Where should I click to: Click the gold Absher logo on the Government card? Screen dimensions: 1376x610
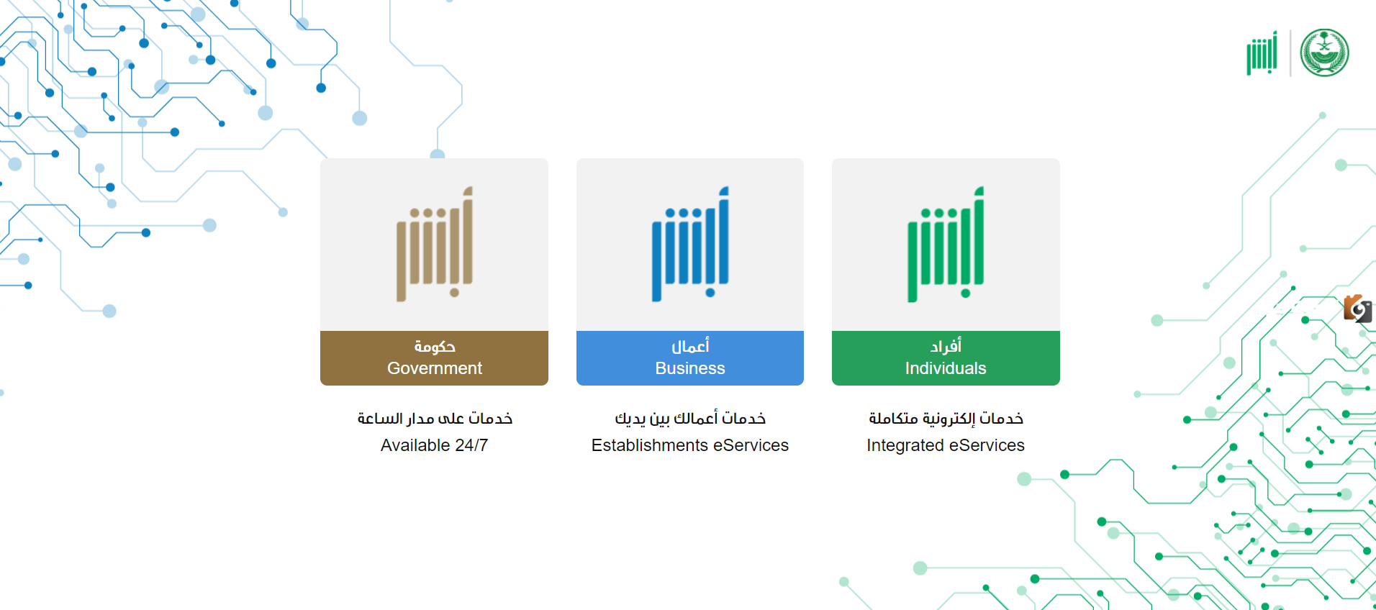[434, 245]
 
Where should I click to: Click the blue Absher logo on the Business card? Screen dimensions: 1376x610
[690, 245]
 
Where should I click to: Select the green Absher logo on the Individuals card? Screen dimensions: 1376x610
[946, 245]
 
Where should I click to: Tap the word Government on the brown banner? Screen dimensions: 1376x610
[435, 368]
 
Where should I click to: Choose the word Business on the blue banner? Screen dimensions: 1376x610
[690, 368]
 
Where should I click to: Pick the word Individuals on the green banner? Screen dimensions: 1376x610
[946, 368]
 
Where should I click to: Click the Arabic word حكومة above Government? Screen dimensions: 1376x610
[435, 347]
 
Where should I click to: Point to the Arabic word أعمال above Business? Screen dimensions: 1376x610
[690, 346]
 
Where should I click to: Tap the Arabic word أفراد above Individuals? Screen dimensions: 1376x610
[946, 346]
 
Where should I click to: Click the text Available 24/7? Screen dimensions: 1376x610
[434, 445]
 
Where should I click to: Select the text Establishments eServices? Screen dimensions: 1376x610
[690, 445]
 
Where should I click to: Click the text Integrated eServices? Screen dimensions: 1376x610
[946, 445]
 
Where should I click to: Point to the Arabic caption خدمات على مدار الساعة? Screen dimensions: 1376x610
[435, 418]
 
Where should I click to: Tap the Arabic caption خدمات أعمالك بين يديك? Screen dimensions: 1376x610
[690, 418]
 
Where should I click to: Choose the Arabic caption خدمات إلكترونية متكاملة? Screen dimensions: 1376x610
[946, 418]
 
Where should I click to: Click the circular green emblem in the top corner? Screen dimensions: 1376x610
[1324, 53]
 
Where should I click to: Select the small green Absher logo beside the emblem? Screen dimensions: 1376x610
[1262, 53]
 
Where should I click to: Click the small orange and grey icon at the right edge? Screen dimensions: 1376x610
[1358, 309]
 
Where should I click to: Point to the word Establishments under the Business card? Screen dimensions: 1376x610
[650, 445]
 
